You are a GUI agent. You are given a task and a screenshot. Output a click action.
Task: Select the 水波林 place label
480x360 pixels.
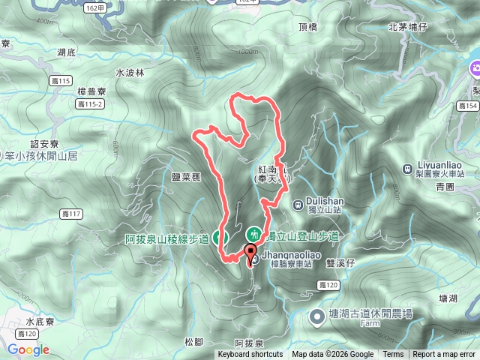(x=129, y=73)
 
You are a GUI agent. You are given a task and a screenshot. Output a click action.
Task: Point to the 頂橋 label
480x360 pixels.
(x=308, y=27)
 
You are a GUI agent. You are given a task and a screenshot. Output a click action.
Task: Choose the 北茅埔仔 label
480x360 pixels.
(x=407, y=27)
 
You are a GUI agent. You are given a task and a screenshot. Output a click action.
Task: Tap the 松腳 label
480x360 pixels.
(x=193, y=341)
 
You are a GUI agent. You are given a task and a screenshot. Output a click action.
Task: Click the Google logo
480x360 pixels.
(x=28, y=349)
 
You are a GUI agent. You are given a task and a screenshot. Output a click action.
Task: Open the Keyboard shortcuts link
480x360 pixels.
(x=250, y=355)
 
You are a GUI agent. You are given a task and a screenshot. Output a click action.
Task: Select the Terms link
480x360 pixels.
(x=393, y=355)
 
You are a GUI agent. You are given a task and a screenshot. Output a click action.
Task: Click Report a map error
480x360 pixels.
(x=444, y=355)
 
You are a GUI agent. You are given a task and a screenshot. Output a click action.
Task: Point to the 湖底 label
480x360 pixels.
(x=66, y=52)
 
